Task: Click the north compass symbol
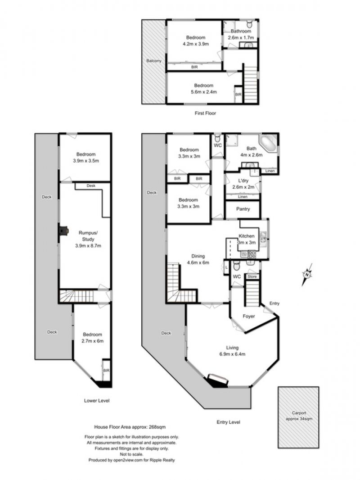pyautogui.click(x=307, y=274)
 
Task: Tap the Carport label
pyautogui.click(x=299, y=412)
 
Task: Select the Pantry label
pyautogui.click(x=243, y=209)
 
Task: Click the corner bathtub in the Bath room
pyautogui.click(x=269, y=143)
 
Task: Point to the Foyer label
pyautogui.click(x=249, y=316)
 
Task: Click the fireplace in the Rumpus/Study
pyautogui.click(x=63, y=231)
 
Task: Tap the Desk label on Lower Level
pyautogui.click(x=91, y=186)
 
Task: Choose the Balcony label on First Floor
pyautogui.click(x=153, y=61)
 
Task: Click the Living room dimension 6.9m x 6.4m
pyautogui.click(x=232, y=354)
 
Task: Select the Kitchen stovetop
pyautogui.click(x=252, y=254)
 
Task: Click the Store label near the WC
pyautogui.click(x=252, y=276)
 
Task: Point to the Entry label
pyautogui.click(x=274, y=303)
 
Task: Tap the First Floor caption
pyautogui.click(x=205, y=113)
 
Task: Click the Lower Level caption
pyautogui.click(x=97, y=400)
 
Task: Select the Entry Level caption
pyautogui.click(x=228, y=422)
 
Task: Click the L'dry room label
pyautogui.click(x=243, y=181)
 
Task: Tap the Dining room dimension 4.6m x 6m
pyautogui.click(x=198, y=263)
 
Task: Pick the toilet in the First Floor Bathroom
pyautogui.click(x=250, y=23)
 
